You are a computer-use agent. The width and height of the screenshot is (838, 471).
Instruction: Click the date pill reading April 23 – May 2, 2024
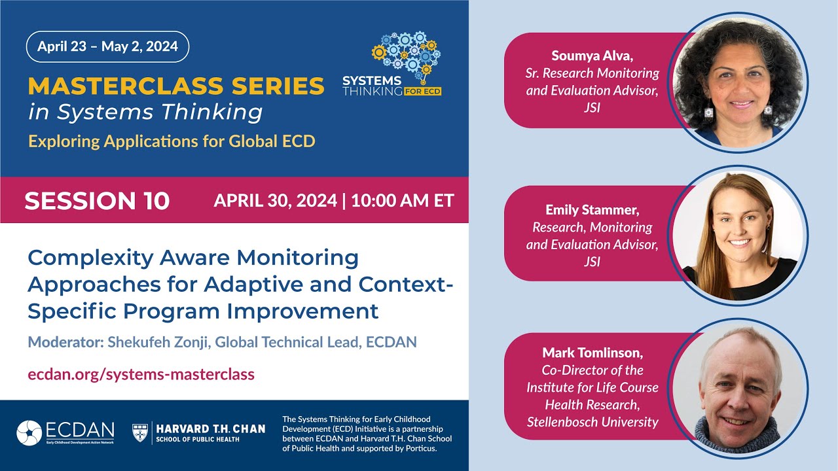107,46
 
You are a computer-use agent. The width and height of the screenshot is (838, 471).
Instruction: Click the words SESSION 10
97,201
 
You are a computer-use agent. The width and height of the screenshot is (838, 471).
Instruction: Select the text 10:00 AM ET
403,200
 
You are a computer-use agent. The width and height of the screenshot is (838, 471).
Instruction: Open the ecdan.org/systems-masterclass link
141,374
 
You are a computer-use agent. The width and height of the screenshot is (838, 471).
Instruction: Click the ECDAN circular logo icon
29,433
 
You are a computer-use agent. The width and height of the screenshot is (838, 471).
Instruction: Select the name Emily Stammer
592,210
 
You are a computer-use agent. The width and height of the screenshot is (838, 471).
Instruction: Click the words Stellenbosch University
592,422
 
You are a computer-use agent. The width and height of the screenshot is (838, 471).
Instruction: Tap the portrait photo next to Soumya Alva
737,82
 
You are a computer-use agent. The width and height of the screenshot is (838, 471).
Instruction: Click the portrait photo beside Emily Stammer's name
737,236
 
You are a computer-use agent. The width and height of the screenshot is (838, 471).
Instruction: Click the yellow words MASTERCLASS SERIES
176,86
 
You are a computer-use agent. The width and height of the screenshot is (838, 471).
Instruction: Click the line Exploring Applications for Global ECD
171,141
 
